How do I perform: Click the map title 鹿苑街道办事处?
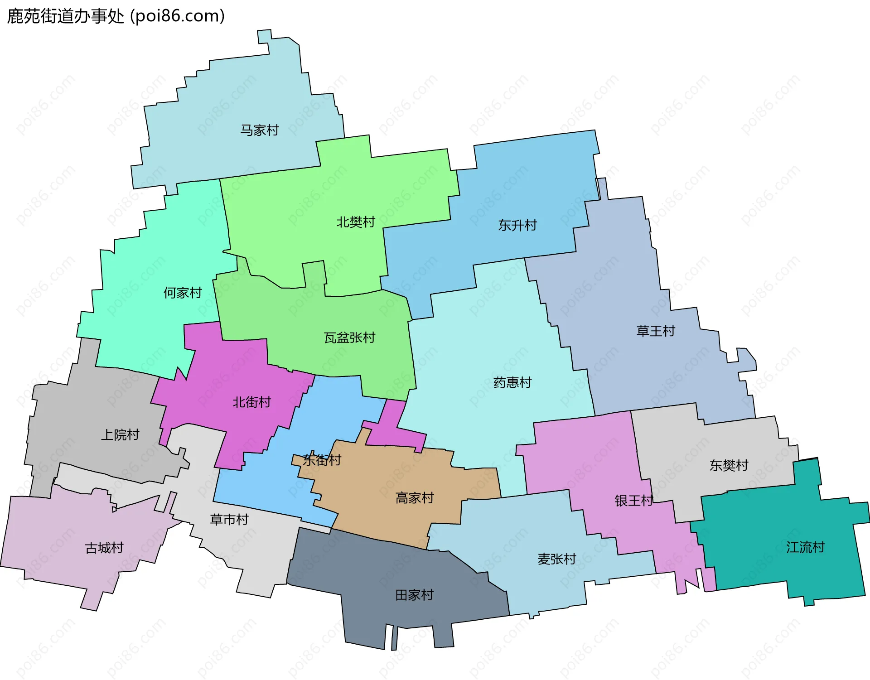coord(66,16)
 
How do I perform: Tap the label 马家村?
coord(260,130)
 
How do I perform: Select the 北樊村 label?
coord(356,222)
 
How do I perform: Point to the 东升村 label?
coord(517,225)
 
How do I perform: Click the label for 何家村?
coord(183,293)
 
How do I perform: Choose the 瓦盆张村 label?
coord(349,338)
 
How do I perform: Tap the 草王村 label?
coord(656,331)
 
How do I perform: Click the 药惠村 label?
coord(512,383)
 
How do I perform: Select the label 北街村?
coord(251,402)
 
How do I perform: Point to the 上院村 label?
coord(120,435)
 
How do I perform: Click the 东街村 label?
coord(322,460)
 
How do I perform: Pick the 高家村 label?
coord(415,498)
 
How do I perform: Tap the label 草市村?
coord(229,519)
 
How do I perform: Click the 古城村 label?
coord(104,548)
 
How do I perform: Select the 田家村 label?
coord(415,595)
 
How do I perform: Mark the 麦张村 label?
coord(557,559)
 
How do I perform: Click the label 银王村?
coord(634,501)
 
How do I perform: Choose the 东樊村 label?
coord(729,466)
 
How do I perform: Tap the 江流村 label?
coord(805,547)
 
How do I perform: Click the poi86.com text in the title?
coord(178,16)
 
